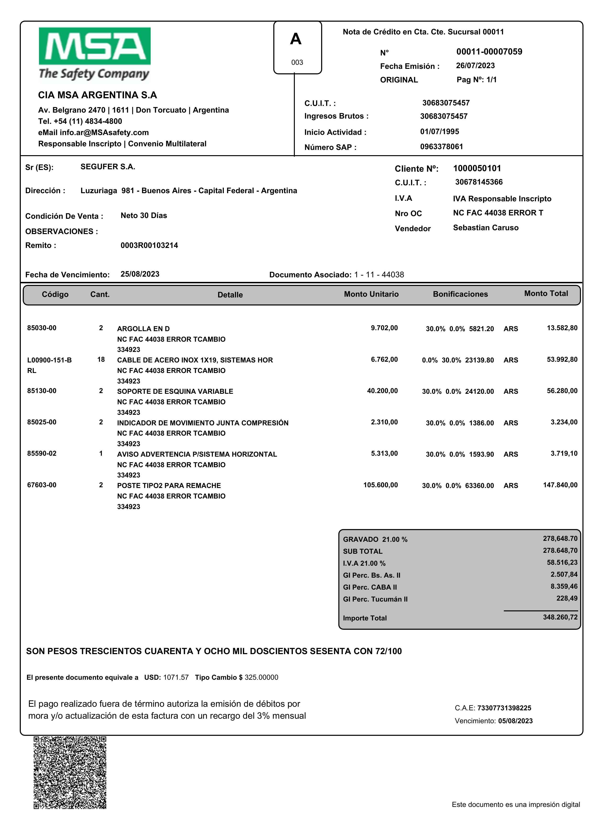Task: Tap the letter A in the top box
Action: [x=296, y=39]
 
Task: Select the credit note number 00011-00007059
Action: [x=489, y=52]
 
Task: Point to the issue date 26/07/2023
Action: [x=475, y=66]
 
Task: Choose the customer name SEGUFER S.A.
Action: [x=108, y=167]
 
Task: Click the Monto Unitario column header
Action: [x=371, y=294]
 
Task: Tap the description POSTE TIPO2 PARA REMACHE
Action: [x=169, y=486]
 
